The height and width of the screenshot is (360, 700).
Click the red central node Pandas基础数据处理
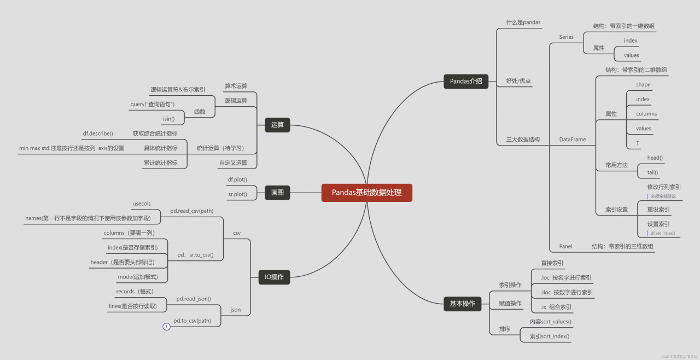click(366, 193)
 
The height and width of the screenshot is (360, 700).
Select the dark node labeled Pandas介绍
click(466, 82)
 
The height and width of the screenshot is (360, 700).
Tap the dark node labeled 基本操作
click(462, 304)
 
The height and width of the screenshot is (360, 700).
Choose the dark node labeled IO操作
click(274, 277)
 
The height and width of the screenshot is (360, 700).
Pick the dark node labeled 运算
click(277, 125)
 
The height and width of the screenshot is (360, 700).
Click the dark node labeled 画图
click(277, 193)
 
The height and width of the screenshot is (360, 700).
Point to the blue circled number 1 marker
click(167, 327)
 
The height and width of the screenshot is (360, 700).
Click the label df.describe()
click(98, 133)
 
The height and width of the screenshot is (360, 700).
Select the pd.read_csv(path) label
click(191, 211)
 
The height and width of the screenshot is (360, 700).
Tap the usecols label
click(142, 204)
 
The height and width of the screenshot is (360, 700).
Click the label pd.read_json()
click(194, 299)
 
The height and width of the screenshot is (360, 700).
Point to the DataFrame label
click(573, 140)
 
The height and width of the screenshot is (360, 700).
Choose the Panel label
click(565, 246)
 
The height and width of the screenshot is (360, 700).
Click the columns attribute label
click(646, 114)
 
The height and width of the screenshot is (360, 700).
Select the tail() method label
click(652, 172)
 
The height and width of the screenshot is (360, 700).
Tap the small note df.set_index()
click(663, 233)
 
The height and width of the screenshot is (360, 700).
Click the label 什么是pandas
click(523, 22)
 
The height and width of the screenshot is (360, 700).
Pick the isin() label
click(168, 119)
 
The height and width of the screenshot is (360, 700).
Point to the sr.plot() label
click(237, 194)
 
